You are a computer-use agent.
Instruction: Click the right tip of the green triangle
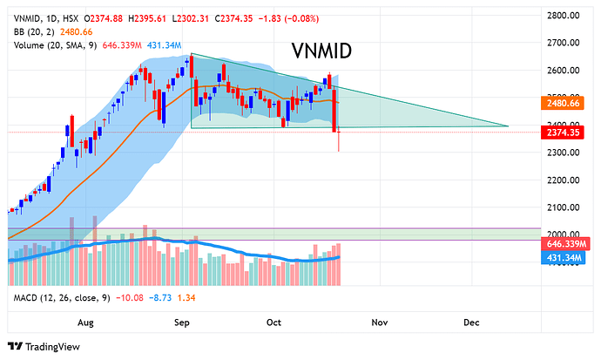[x=508, y=126]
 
